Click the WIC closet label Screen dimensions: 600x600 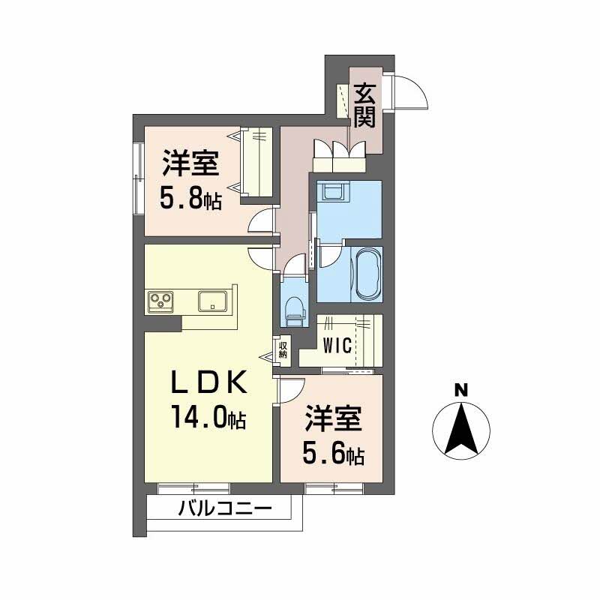pyautogui.click(x=338, y=346)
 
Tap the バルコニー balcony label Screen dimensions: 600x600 pyautogui.click(x=224, y=510)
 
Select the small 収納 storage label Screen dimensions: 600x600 pyautogui.click(x=283, y=349)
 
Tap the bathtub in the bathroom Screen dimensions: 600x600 pyautogui.click(x=367, y=273)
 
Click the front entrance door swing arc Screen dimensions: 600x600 pyautogui.click(x=413, y=91)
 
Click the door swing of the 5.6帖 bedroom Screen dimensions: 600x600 pyautogui.click(x=291, y=390)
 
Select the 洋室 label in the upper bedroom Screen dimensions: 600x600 pyautogui.click(x=190, y=163)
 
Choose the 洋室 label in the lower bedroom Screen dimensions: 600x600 pyautogui.click(x=334, y=419)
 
